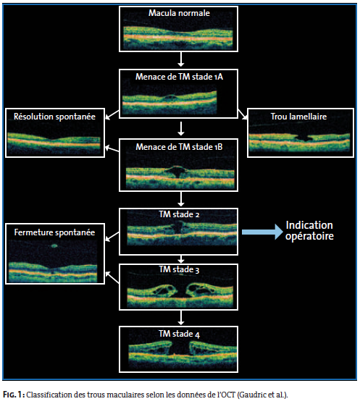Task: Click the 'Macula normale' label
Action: click(179, 13)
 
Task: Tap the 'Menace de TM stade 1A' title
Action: click(179, 77)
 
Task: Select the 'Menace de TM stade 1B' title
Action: click(179, 147)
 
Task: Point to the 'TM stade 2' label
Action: click(179, 214)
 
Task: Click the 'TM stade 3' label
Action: click(179, 269)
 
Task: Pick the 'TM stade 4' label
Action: click(179, 334)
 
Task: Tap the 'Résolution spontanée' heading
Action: click(54, 117)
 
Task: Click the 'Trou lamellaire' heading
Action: click(298, 117)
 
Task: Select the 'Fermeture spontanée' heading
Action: click(54, 232)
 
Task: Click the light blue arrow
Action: click(262, 232)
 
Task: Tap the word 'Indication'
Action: click(309, 225)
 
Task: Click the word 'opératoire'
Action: click(309, 236)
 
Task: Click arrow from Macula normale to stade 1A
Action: click(181, 59)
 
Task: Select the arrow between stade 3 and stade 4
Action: click(181, 318)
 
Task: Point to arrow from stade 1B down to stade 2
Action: click(181, 199)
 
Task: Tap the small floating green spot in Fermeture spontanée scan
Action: click(54, 245)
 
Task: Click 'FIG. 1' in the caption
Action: click(14, 395)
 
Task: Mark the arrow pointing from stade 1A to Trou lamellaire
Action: click(242, 114)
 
